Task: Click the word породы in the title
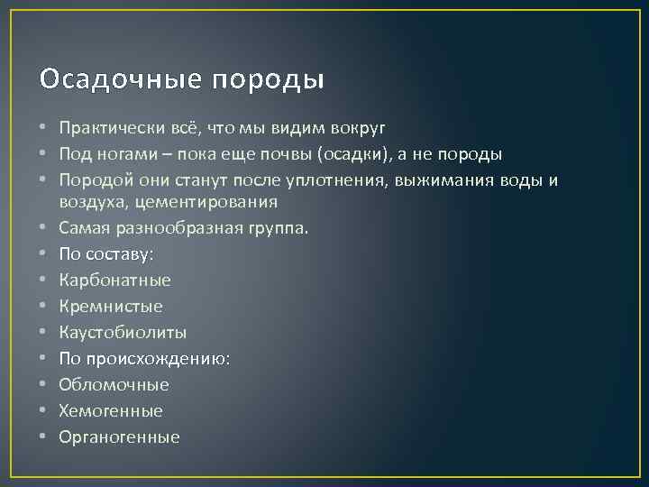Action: coord(268,81)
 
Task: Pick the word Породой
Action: coord(92,180)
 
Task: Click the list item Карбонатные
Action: coord(114,280)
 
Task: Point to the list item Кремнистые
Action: coord(111,307)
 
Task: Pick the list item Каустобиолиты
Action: coord(123,333)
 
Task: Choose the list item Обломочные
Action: coord(114,385)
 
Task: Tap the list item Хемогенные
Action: coord(111,411)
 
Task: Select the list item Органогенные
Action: coord(119,437)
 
